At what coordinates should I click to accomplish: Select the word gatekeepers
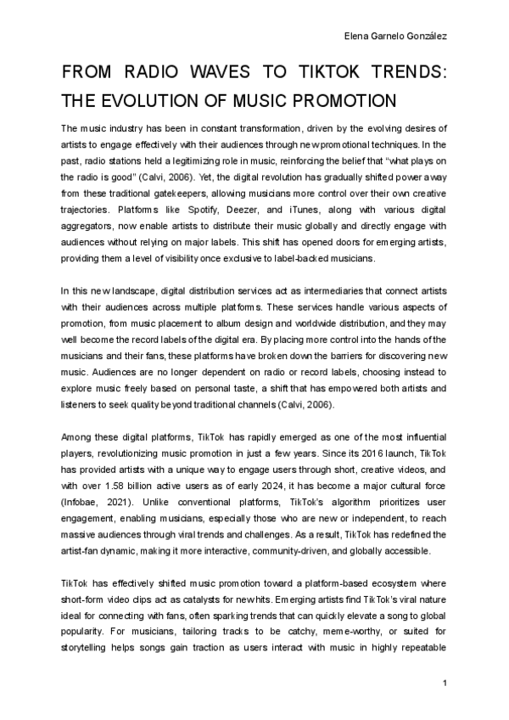175,177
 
